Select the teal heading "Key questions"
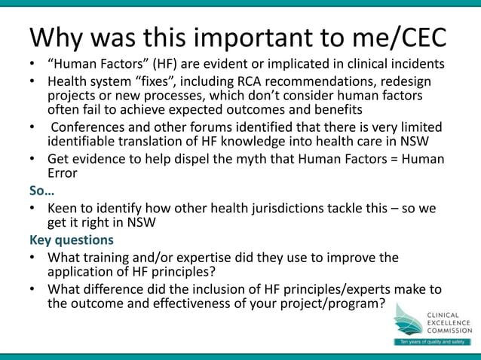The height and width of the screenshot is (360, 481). (72, 240)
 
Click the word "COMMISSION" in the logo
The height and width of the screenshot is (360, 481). (449, 330)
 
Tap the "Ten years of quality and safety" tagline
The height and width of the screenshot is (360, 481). (433, 342)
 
